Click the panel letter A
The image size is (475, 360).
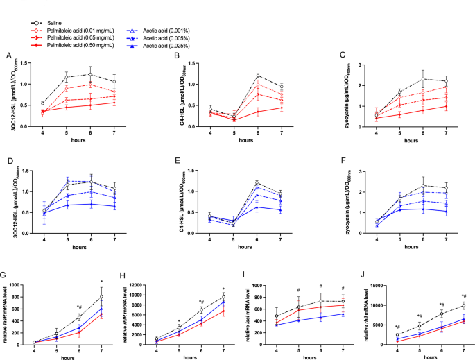coord(8,55)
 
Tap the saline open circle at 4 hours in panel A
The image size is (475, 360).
coord(43,103)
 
